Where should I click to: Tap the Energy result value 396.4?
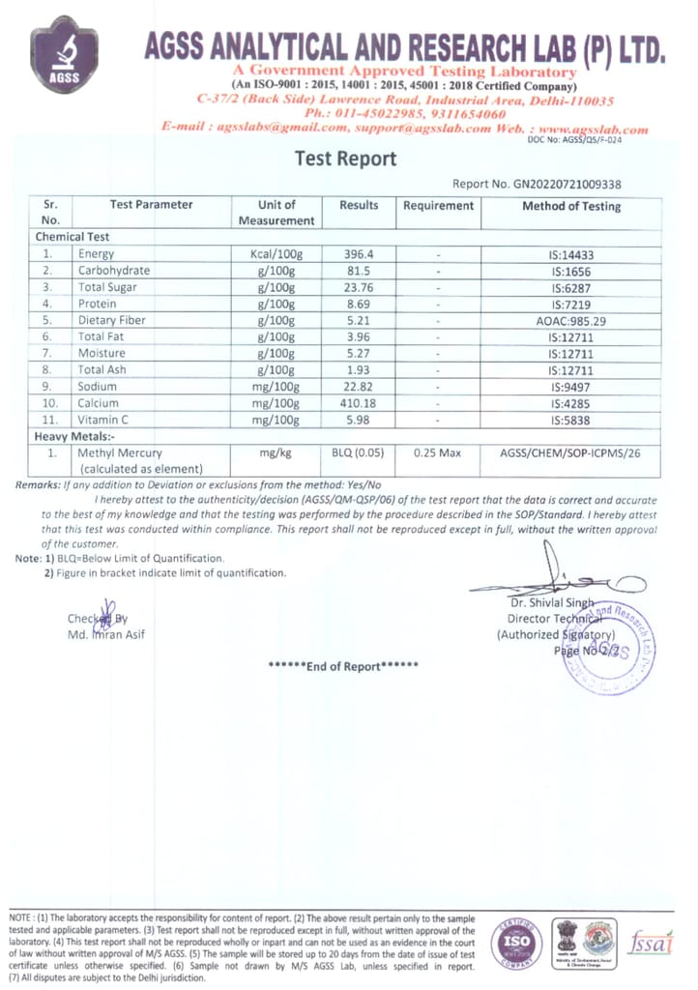click(359, 253)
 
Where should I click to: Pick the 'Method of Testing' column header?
click(571, 206)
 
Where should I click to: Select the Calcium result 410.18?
click(359, 403)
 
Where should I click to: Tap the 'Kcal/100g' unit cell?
click(276, 253)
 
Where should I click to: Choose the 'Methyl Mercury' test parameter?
click(120, 452)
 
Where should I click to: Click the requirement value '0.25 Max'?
click(438, 452)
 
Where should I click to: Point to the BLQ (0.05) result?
click(359, 452)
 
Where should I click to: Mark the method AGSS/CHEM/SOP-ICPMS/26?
click(570, 452)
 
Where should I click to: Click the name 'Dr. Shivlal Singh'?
click(550, 602)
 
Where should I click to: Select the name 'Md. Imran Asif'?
click(106, 634)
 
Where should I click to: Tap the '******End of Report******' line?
click(343, 666)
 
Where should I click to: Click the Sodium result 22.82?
click(359, 387)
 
